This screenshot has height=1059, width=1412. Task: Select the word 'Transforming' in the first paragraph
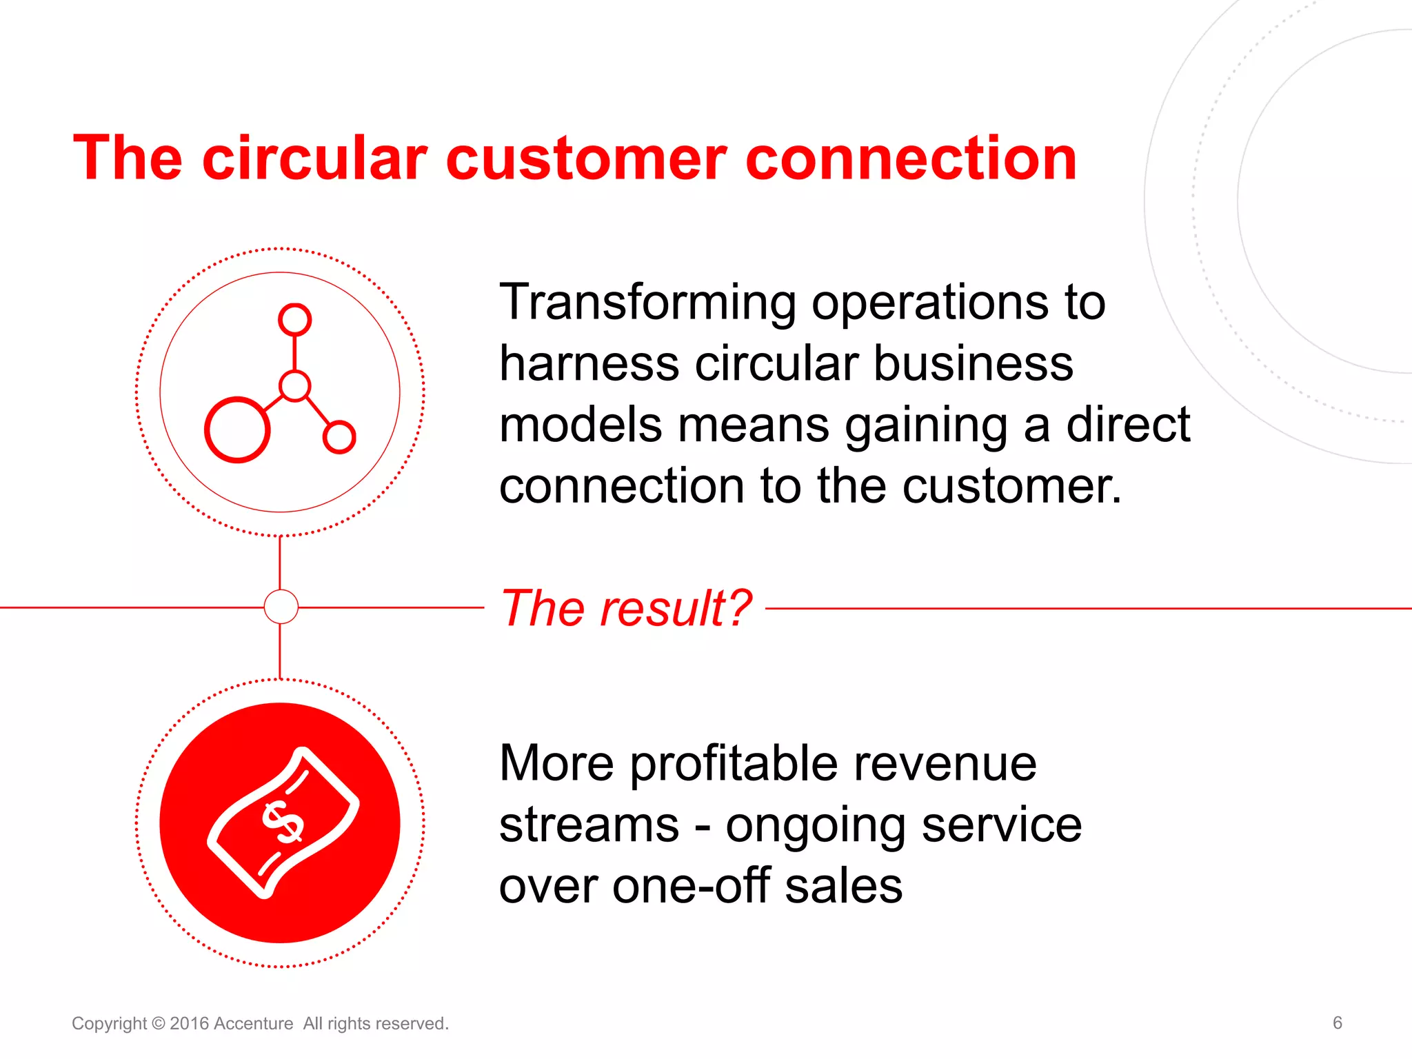pyautogui.click(x=647, y=303)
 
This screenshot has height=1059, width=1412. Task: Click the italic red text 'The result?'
pyautogui.click(x=625, y=608)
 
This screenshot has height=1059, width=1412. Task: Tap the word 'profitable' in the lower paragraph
pyautogui.click(x=734, y=764)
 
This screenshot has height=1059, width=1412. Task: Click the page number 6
pyautogui.click(x=1337, y=1022)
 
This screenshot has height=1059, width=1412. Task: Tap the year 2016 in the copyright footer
pyautogui.click(x=189, y=1023)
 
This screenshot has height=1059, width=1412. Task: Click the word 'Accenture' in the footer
pyautogui.click(x=253, y=1023)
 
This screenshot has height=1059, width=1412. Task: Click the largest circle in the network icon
pyautogui.click(x=237, y=430)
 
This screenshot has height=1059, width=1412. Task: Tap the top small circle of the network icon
pyautogui.click(x=294, y=319)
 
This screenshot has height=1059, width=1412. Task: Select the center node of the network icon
pyautogui.click(x=295, y=386)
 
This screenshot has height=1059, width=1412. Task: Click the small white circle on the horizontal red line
pyautogui.click(x=281, y=607)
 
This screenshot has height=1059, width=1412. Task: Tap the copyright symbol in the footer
pyautogui.click(x=158, y=1023)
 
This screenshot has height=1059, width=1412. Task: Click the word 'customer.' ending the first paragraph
pyautogui.click(x=1011, y=487)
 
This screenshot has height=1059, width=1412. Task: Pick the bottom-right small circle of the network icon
pyautogui.click(x=339, y=436)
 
